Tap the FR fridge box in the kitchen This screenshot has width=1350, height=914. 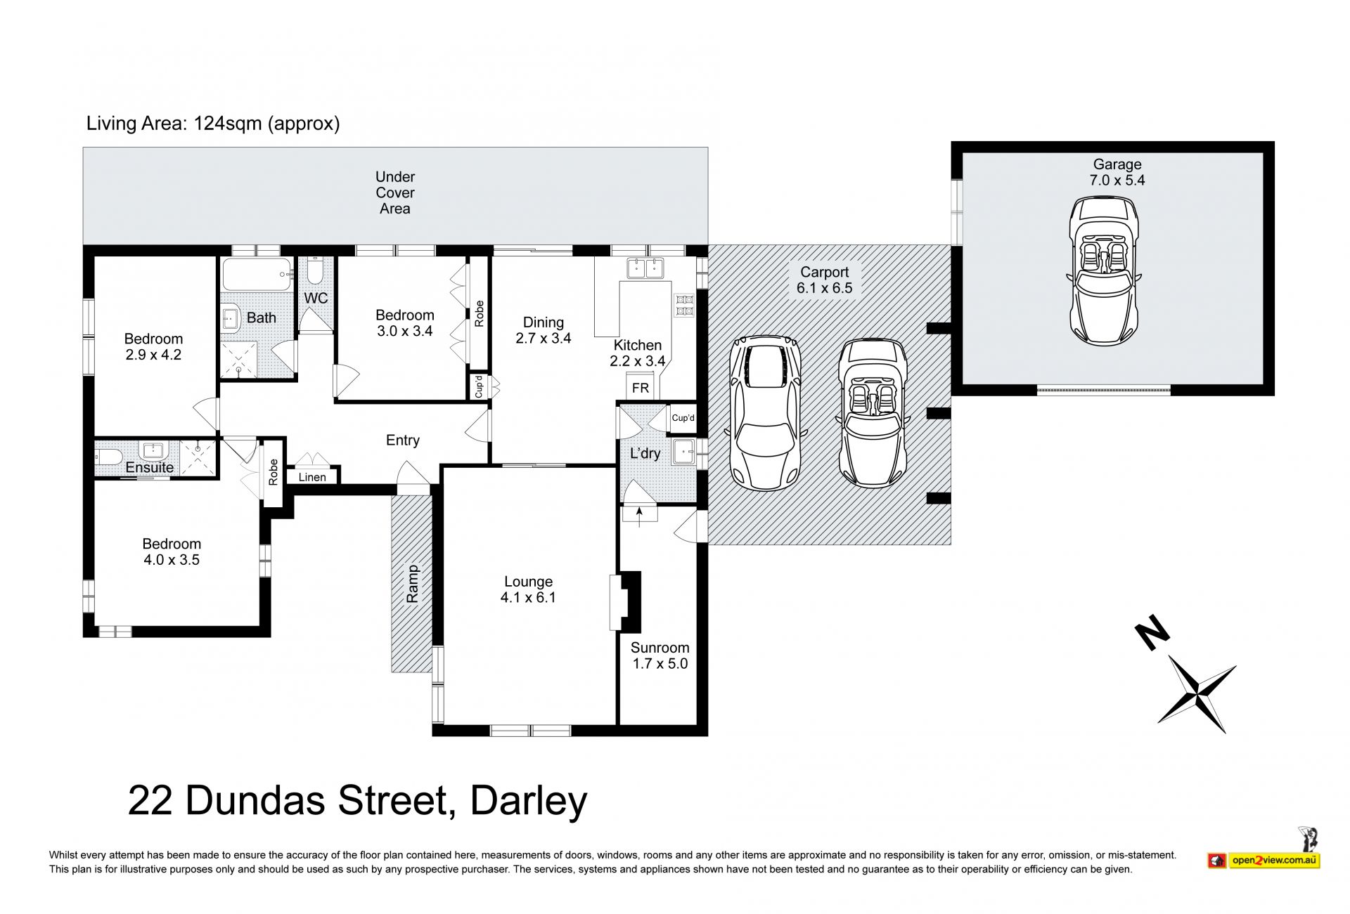641,387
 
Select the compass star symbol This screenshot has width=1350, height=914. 1197,696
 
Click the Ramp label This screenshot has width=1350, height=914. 413,584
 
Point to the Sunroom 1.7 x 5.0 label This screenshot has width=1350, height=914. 660,655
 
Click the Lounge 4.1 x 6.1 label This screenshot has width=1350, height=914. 528,589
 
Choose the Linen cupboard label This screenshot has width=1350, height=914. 312,478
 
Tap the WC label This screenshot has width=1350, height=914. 316,298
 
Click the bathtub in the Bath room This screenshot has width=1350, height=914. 257,274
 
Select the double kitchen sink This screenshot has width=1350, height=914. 645,268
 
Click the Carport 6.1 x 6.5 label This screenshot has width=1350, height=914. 824,280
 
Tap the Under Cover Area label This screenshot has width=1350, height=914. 395,192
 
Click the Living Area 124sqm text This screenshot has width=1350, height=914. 213,124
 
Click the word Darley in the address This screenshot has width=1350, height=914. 529,802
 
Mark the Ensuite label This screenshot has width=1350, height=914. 150,467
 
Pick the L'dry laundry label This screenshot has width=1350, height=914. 645,453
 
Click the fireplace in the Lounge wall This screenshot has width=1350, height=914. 624,602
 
